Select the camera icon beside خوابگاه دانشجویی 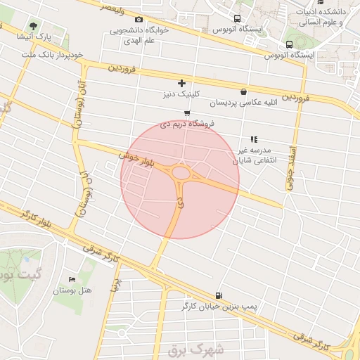point(139,19)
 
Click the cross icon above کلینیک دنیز point(182,83)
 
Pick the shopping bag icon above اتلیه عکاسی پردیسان point(243,91)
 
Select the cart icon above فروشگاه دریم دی point(186,112)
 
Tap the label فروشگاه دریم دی point(188,123)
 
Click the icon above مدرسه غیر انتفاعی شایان point(253,139)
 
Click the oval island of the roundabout point(181,173)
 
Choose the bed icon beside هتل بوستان point(70,279)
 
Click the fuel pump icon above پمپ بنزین point(221,295)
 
